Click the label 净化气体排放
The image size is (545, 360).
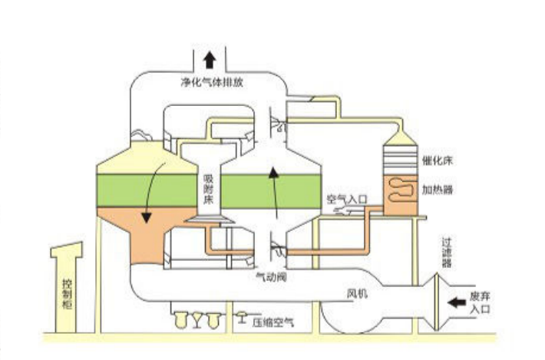[210, 82]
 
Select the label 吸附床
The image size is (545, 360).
[207, 188]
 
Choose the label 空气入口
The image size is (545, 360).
[348, 199]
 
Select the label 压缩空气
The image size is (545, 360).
[272, 323]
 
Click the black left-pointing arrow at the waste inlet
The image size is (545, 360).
[457, 302]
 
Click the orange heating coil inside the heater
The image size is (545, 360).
[399, 189]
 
